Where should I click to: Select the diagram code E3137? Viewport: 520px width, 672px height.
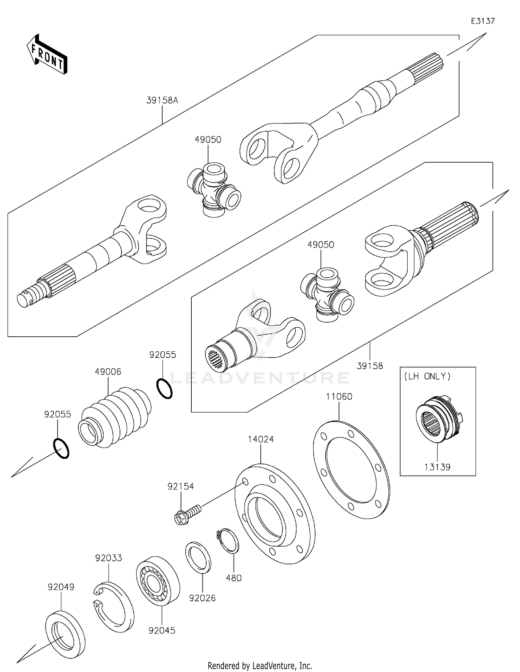pyautogui.click(x=483, y=21)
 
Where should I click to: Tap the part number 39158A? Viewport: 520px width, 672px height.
pyautogui.click(x=162, y=101)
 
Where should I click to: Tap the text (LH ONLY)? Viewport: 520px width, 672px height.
pyautogui.click(x=427, y=376)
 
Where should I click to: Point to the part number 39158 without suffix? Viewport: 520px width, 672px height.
pyautogui.click(x=370, y=366)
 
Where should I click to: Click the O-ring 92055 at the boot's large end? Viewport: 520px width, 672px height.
pyautogui.click(x=61, y=449)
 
